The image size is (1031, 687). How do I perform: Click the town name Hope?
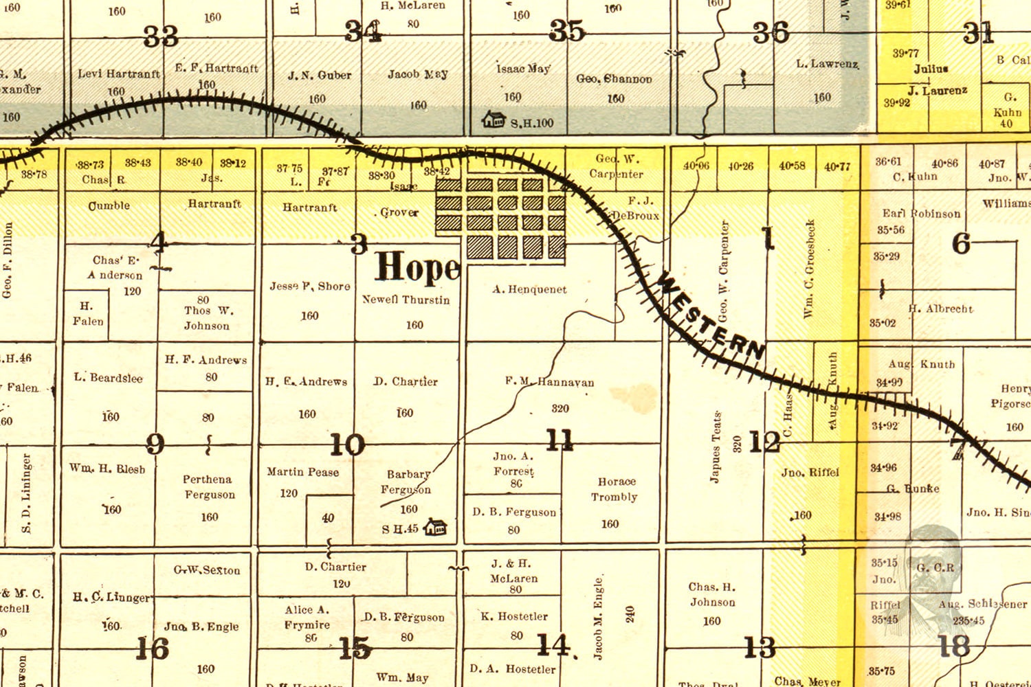pyautogui.click(x=417, y=267)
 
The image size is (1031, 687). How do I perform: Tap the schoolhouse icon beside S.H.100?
pyautogui.click(x=494, y=120)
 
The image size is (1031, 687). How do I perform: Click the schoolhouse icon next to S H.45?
pyautogui.click(x=435, y=528)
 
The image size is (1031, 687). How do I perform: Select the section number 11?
pyautogui.click(x=559, y=440)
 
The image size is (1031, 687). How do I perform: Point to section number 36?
pyautogui.click(x=771, y=32)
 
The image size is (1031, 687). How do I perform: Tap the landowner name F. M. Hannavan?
pyautogui.click(x=549, y=382)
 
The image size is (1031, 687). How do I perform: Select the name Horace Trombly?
pyautogui.click(x=615, y=489)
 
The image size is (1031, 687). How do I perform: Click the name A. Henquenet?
pyautogui.click(x=529, y=290)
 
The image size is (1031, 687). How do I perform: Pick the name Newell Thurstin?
pyautogui.click(x=406, y=300)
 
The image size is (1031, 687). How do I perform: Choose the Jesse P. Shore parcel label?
pyautogui.click(x=309, y=286)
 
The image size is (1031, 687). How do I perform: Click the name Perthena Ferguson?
pyautogui.click(x=208, y=487)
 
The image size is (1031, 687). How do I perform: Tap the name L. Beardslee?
pyautogui.click(x=108, y=378)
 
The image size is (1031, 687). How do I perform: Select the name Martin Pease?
pyautogui.click(x=302, y=472)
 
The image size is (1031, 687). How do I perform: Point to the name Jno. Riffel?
pyautogui.click(x=810, y=473)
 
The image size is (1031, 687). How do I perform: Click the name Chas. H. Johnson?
pyautogui.click(x=712, y=594)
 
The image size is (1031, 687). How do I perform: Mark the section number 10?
pyautogui.click(x=347, y=444)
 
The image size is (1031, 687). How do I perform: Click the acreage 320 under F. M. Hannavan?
pyautogui.click(x=560, y=409)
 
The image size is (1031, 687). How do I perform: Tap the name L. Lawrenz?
pyautogui.click(x=827, y=64)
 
